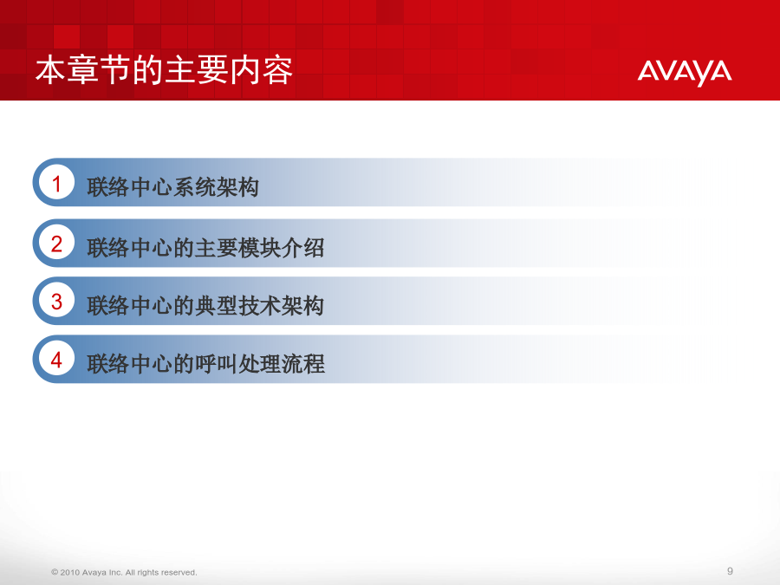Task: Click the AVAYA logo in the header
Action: pyautogui.click(x=685, y=73)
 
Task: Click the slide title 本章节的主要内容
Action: pyautogui.click(x=164, y=70)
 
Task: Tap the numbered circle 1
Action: pyautogui.click(x=56, y=183)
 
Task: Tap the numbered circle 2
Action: pyautogui.click(x=56, y=244)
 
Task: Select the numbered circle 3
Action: pyautogui.click(x=56, y=301)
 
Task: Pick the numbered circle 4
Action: pyautogui.click(x=56, y=359)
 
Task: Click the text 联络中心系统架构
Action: pyautogui.click(x=173, y=187)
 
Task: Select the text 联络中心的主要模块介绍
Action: pyautogui.click(x=205, y=248)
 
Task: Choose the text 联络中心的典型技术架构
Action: pyautogui.click(x=205, y=305)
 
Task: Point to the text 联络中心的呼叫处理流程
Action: pyautogui.click(x=205, y=364)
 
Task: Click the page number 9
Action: pyautogui.click(x=730, y=571)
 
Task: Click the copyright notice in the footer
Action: pyautogui.click(x=124, y=573)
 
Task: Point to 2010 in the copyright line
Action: pyautogui.click(x=69, y=573)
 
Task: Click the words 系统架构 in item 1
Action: pyautogui.click(x=216, y=187)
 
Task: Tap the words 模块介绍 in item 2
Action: pyautogui.click(x=281, y=248)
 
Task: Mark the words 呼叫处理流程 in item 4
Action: pyautogui.click(x=260, y=364)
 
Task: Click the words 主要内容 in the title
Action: pyautogui.click(x=228, y=70)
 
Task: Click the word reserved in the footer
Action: pyautogui.click(x=179, y=573)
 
